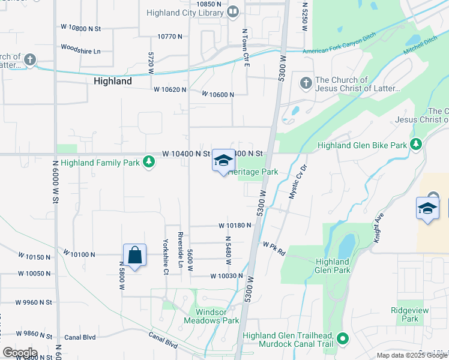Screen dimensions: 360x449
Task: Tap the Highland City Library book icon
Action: coord(233,11)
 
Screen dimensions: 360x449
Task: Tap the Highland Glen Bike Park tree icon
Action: coord(415,144)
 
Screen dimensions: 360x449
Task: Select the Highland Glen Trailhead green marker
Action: coord(343,340)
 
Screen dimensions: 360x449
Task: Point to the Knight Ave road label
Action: coord(378,230)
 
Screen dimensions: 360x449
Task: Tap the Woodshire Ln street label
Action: coord(80,50)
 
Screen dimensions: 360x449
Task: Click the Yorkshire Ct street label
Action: coord(166,257)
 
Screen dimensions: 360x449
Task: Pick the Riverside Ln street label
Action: coord(179,249)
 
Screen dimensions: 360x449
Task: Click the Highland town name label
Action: coord(113,81)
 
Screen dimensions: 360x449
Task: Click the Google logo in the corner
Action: coord(20,352)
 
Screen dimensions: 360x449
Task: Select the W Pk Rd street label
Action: coord(273,245)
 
